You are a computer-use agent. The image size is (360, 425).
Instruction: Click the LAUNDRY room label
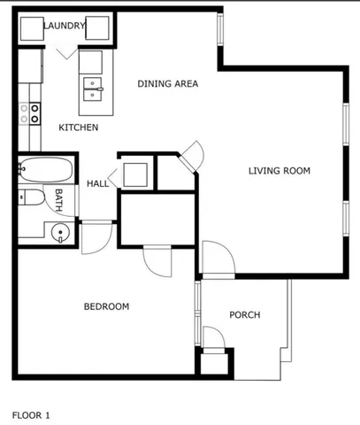(x=64, y=27)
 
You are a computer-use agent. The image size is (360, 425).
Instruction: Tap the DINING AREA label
(x=167, y=84)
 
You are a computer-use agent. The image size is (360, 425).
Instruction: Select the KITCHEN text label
(x=78, y=128)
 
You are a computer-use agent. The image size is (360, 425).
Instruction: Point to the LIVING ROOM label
(x=280, y=171)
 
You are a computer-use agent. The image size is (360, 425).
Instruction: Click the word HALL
(x=97, y=184)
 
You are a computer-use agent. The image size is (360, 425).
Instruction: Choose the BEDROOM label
(x=106, y=307)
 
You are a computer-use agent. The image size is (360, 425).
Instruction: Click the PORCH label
(x=244, y=315)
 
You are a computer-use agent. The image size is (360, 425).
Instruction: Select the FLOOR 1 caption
(x=31, y=413)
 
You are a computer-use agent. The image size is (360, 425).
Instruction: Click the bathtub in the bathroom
(x=44, y=169)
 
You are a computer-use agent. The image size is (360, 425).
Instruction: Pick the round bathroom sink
(x=59, y=234)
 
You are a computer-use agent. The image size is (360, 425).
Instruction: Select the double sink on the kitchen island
(x=91, y=86)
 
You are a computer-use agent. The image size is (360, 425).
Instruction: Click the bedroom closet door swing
(x=157, y=261)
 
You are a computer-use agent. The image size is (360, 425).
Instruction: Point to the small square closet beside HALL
(x=136, y=174)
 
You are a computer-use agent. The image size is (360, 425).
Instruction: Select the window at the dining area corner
(x=221, y=37)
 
